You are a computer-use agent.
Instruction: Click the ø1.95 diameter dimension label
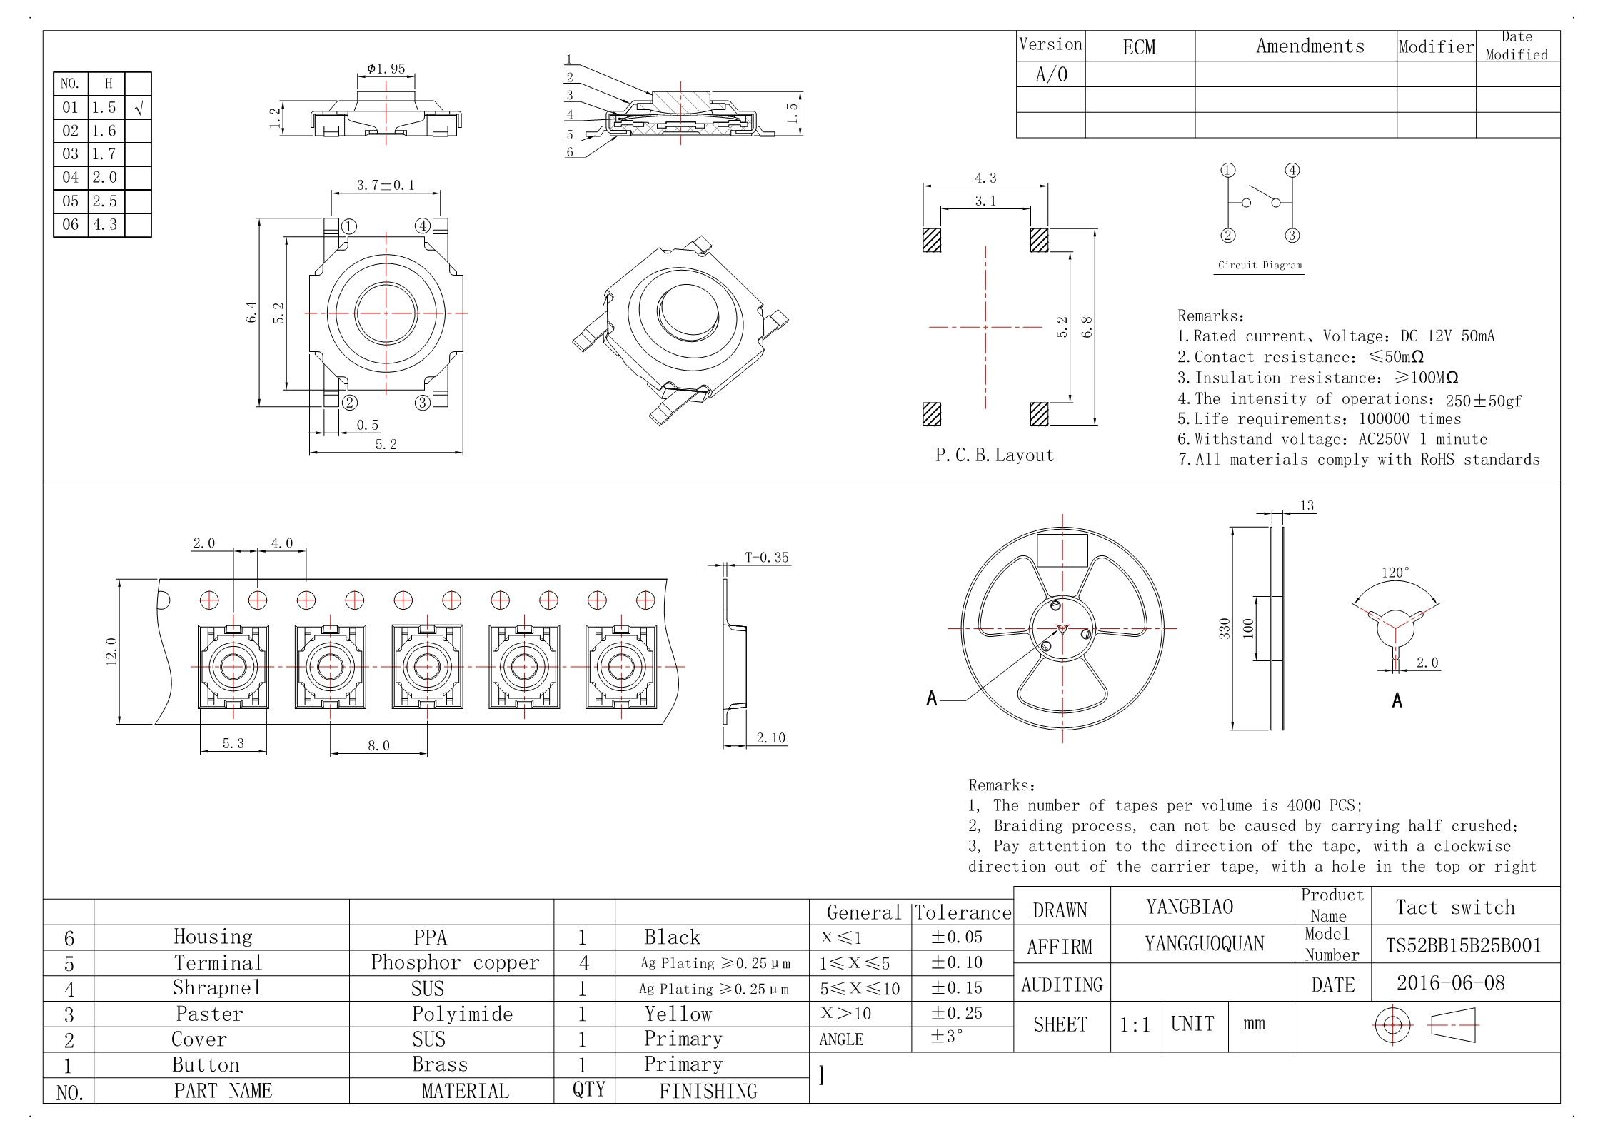[x=386, y=69]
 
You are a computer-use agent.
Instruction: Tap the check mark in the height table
[x=139, y=108]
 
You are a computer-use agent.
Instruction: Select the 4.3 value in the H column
[x=104, y=224]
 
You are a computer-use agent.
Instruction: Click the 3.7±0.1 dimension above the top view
[x=386, y=185]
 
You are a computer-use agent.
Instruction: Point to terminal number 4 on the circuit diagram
[x=1292, y=170]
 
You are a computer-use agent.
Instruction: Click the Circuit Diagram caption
[x=1260, y=265]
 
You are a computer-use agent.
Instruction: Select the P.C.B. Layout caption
[x=995, y=455]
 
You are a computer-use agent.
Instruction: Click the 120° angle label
[x=1395, y=573]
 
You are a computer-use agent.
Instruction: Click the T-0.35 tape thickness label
[x=767, y=557]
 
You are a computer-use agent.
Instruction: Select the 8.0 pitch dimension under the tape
[x=378, y=745]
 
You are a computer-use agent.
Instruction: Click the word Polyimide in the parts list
[x=462, y=1014]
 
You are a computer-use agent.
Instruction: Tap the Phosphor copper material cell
[x=455, y=962]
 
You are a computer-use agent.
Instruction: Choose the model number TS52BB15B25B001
[x=1464, y=945]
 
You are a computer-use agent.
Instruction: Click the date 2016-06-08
[x=1450, y=983]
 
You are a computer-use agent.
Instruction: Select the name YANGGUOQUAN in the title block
[x=1205, y=944]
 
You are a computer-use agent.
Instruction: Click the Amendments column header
[x=1310, y=46]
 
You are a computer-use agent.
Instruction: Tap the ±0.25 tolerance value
[x=957, y=1013]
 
